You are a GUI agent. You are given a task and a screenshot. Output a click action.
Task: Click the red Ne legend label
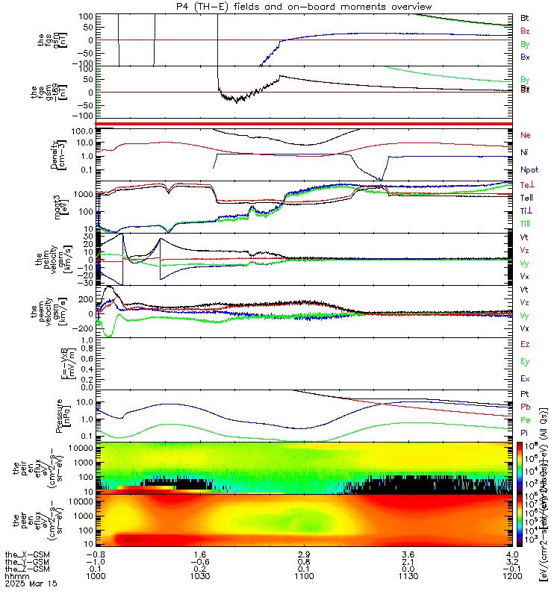coord(525,136)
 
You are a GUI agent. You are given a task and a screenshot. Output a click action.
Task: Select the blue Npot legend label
coord(528,170)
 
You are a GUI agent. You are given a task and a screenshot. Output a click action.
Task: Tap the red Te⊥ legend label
coord(526,184)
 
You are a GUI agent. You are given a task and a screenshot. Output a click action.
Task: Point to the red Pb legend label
coord(525,407)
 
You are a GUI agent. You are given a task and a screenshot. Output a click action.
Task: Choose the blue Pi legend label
coord(524,433)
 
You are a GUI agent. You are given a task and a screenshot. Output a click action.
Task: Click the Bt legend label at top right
coord(524,17)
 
